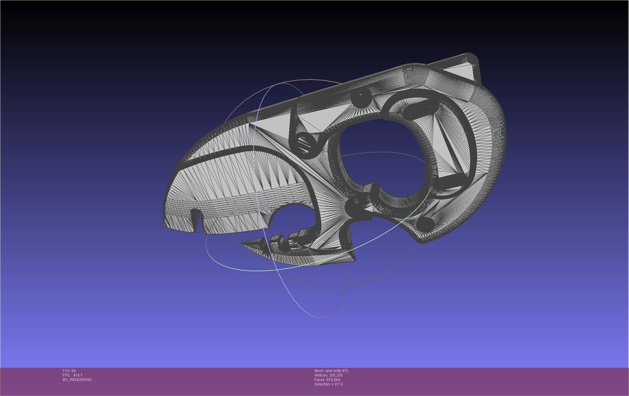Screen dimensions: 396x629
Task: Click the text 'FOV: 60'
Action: point(69,371)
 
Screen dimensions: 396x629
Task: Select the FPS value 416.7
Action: point(77,375)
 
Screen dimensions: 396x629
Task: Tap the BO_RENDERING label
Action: point(77,380)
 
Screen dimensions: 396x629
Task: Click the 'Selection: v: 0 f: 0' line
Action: point(328,384)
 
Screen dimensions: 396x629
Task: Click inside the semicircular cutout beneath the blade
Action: point(293,219)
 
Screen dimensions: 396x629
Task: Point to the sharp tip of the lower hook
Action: point(242,244)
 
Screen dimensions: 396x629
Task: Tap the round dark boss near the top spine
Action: point(361,97)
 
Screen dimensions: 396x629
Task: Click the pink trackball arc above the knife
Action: point(300,80)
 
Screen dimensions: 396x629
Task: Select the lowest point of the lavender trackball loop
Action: point(320,317)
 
